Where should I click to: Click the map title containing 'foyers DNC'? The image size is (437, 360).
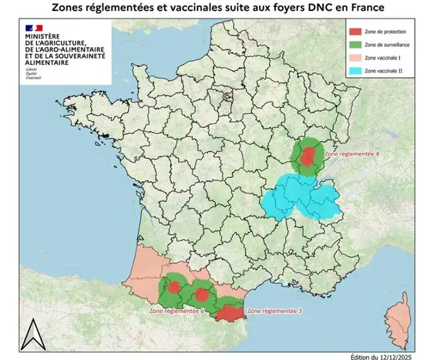pyautogui.click(x=218, y=8)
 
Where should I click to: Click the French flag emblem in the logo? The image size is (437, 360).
pyautogui.click(x=34, y=29)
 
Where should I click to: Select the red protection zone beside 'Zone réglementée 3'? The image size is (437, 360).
pyautogui.click(x=229, y=313)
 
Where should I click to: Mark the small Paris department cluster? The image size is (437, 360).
pyautogui.click(x=225, y=98)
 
